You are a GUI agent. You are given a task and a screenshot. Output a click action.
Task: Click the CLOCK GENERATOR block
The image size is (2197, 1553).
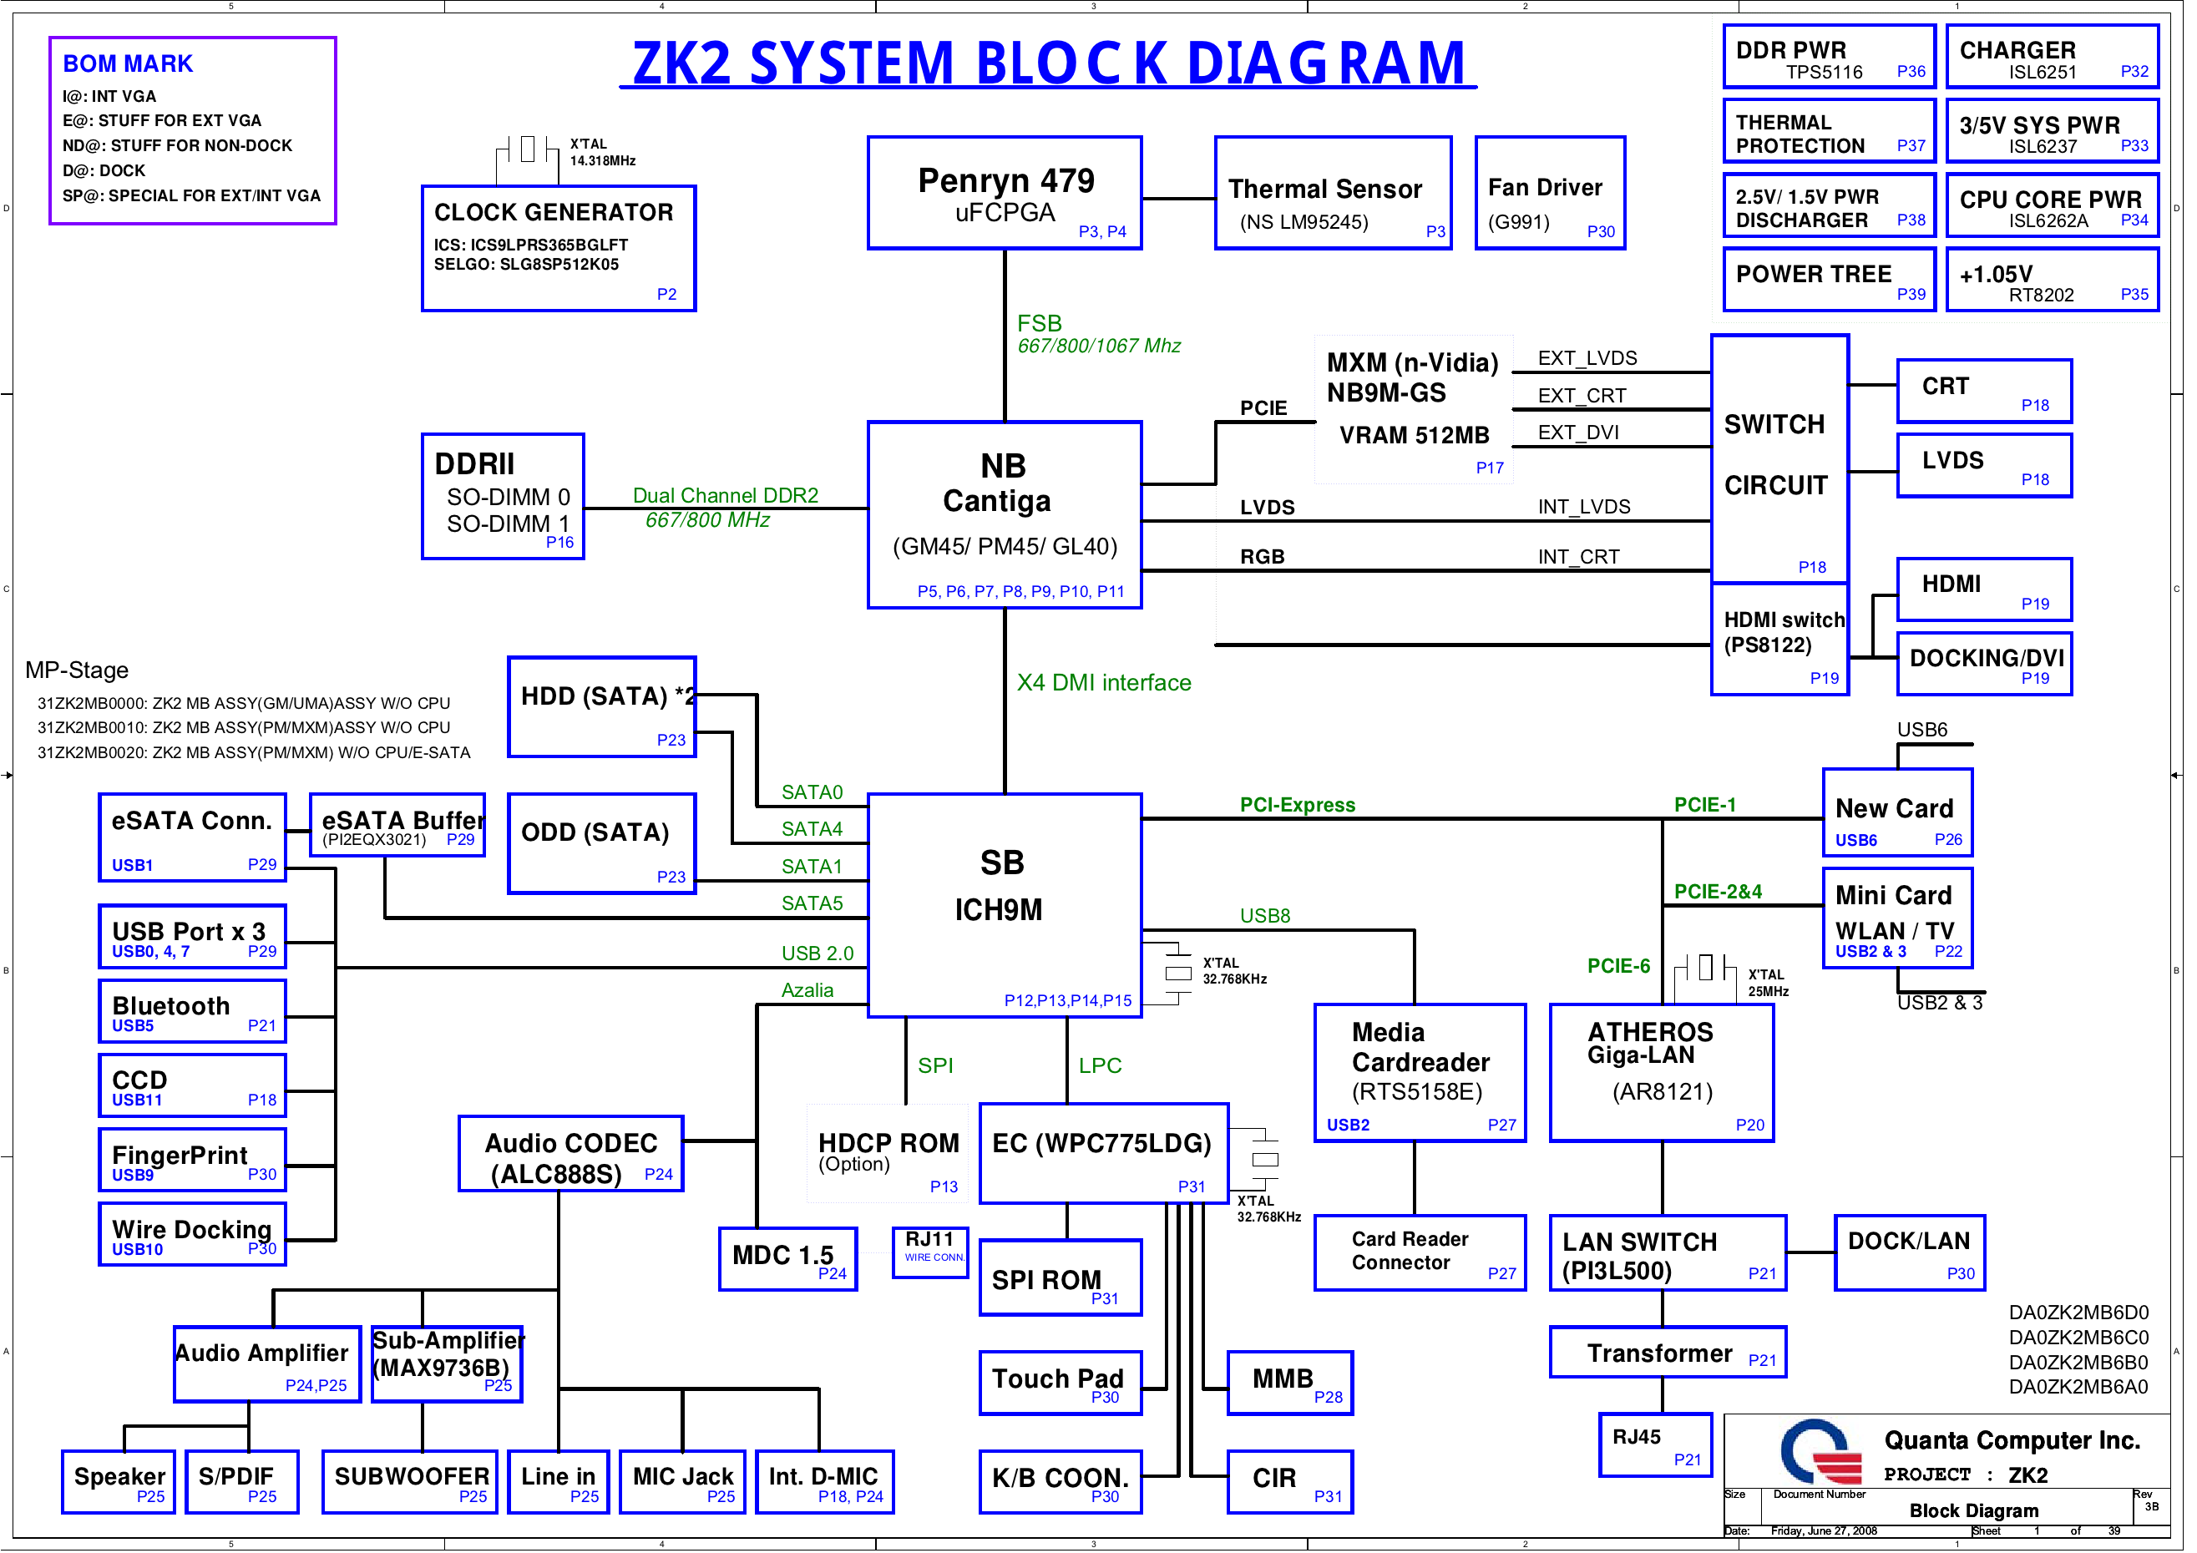558,248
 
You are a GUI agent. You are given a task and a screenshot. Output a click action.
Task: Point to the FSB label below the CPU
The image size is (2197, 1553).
1039,323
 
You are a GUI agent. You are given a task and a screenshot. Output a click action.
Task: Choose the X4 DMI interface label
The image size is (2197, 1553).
1103,682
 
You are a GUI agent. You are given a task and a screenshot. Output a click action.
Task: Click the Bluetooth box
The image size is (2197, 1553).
192,1011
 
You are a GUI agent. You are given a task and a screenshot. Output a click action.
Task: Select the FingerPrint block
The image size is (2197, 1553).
192,1160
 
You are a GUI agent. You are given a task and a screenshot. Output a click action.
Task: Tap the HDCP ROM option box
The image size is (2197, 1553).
887,1153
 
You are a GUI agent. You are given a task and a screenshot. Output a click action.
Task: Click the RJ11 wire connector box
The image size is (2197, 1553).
929,1250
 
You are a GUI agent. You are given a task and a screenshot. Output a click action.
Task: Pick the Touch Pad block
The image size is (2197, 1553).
1060,1383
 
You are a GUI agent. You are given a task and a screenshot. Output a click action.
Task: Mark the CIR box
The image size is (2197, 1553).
1289,1481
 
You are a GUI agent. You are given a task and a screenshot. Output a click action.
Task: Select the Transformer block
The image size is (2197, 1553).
1667,1352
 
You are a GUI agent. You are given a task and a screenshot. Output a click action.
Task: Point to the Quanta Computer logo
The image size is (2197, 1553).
1819,1453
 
